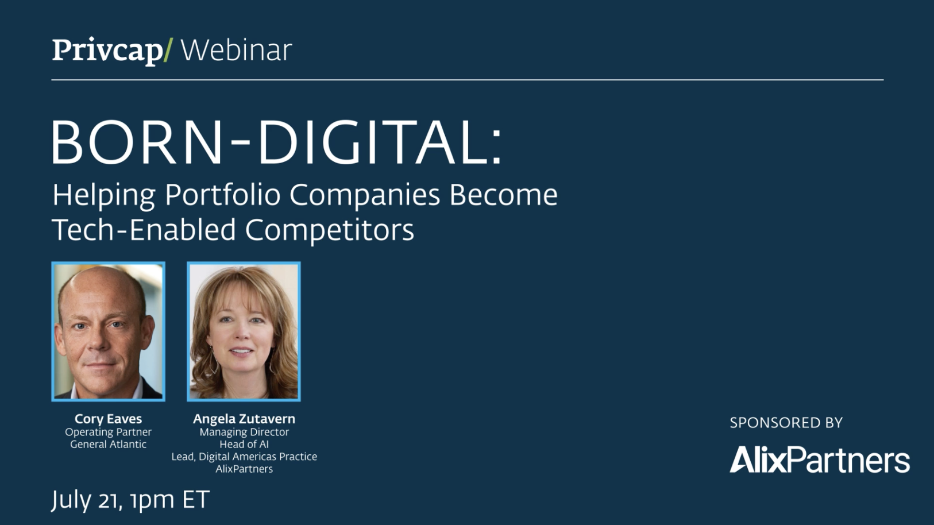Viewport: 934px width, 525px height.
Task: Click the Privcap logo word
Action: point(107,51)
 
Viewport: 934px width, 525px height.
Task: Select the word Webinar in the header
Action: point(237,51)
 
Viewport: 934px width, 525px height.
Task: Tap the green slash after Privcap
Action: point(168,51)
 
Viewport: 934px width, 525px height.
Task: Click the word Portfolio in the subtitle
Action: point(223,195)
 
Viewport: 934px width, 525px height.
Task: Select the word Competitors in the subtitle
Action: point(329,230)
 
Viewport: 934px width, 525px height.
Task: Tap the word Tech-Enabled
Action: point(144,229)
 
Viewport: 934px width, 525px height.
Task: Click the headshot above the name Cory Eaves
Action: point(109,331)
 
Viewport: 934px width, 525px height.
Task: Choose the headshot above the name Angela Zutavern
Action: point(244,331)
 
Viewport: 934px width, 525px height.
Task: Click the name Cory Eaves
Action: point(109,419)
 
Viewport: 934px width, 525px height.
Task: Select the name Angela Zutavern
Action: point(244,419)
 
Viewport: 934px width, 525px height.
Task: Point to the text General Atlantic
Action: point(109,444)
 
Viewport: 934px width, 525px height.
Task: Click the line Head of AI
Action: point(244,444)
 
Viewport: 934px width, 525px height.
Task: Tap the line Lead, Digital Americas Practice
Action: point(244,457)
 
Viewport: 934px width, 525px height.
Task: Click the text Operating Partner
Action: point(109,432)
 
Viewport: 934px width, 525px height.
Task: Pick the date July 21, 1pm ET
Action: point(130,500)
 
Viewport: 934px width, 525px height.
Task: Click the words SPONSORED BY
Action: point(786,423)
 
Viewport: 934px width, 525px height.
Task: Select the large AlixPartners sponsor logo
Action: point(820,460)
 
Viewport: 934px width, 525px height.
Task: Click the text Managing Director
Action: point(244,432)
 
